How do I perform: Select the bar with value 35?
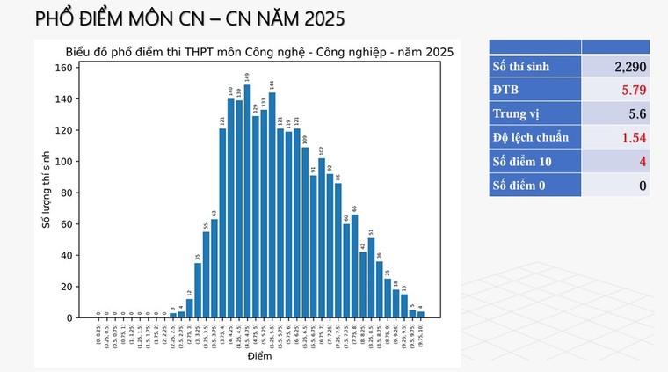pos(198,290)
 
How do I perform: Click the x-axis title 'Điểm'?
pos(259,357)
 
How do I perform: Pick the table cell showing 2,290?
pos(614,66)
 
